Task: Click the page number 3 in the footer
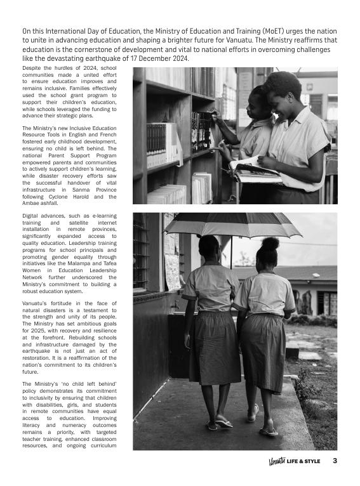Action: pos(335,461)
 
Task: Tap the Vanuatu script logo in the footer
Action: pos(276,461)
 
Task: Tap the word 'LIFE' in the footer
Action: pos(294,461)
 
